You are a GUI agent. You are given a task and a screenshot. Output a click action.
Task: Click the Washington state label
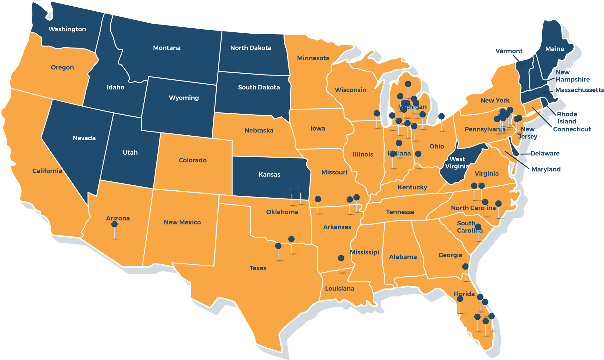point(67,29)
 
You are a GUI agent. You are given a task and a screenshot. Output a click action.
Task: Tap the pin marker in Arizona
point(115,224)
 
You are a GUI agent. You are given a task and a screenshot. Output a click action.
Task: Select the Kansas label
point(269,174)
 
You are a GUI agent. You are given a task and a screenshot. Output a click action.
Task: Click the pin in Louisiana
point(341,258)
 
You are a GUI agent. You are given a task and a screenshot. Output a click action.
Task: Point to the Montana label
point(167,48)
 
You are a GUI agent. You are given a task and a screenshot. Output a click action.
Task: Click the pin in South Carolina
point(478,227)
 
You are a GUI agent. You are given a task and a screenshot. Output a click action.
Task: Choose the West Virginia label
point(457,162)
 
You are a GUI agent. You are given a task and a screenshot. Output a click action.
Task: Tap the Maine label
point(555,49)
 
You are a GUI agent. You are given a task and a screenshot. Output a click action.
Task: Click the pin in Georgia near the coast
point(465,267)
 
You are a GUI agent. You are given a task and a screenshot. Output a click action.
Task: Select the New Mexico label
point(182,222)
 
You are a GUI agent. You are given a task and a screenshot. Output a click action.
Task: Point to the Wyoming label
point(184,98)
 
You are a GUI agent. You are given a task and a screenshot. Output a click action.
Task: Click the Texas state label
point(258,268)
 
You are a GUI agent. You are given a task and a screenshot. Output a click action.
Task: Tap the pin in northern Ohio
point(442,116)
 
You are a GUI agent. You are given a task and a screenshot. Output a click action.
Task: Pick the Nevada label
point(84,138)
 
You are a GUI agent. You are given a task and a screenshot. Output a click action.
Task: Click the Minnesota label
point(313,58)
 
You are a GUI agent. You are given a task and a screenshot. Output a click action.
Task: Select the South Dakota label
point(259,87)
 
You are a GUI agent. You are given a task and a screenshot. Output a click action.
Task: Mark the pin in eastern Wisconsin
point(377,113)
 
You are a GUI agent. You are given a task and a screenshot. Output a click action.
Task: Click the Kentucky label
point(412,187)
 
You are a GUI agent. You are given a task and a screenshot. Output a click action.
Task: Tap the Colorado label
point(193,160)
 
